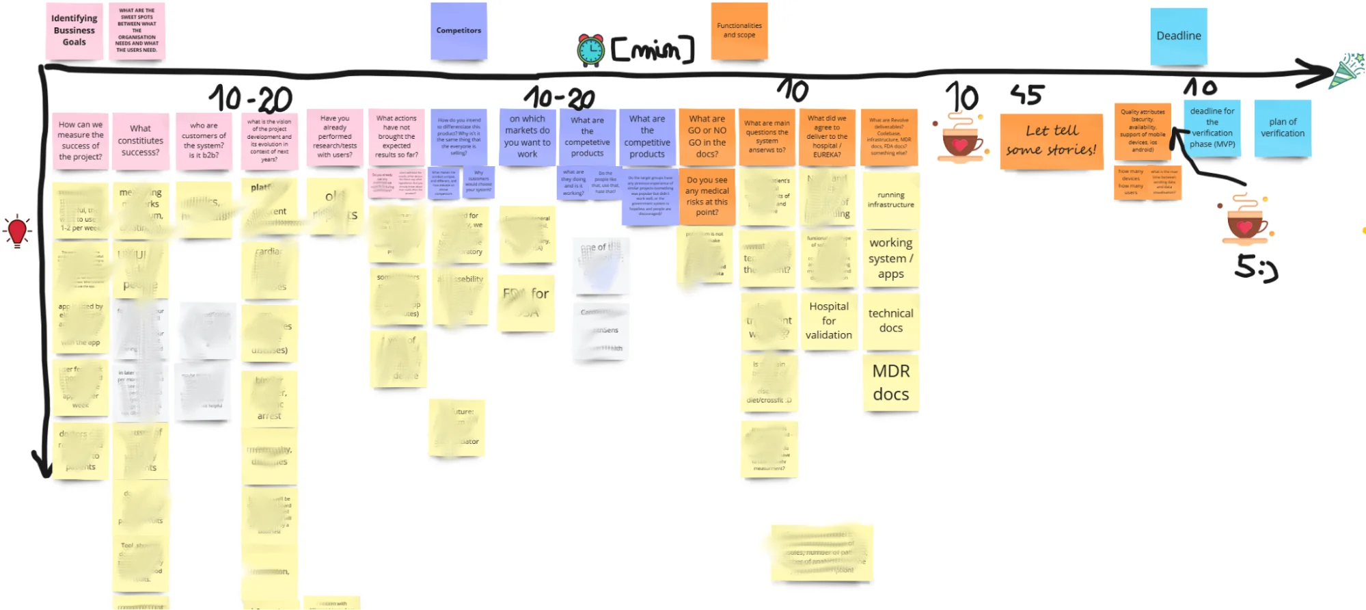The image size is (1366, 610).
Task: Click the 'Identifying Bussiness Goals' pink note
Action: coord(74,31)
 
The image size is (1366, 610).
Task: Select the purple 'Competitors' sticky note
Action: coord(459,31)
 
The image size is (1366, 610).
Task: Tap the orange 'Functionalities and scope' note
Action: coord(739,31)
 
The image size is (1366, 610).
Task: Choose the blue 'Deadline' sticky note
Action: coord(1179,36)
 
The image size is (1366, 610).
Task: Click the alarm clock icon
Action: coord(590,50)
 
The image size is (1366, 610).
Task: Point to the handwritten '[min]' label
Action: coord(653,50)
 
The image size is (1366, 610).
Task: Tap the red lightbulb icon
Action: coord(17,231)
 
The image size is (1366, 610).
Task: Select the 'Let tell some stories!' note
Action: coord(1051,141)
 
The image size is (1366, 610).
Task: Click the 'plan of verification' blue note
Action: coord(1283,129)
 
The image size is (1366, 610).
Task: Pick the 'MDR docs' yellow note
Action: coord(891,382)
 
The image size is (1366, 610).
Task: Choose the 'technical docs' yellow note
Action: coord(891,321)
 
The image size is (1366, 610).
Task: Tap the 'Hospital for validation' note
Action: coord(828,321)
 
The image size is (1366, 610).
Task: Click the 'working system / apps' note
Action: coord(891,258)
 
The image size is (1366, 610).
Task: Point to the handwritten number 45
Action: coord(1027,95)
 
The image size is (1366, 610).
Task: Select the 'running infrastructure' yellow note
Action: coord(891,200)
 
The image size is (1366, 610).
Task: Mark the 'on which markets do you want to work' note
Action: coord(527,137)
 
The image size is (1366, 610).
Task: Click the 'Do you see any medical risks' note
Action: coord(707,197)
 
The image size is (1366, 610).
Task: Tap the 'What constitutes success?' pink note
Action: coord(140,141)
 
